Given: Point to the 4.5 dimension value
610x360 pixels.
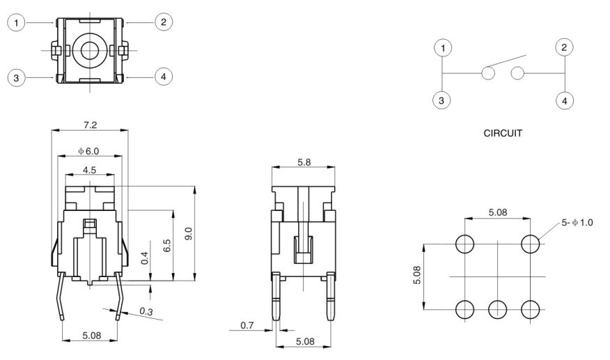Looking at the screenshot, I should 88,169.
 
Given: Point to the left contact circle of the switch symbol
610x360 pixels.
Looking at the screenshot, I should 487,74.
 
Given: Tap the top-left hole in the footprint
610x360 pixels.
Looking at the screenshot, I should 465,244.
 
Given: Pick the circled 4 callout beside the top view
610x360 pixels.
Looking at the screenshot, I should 163,77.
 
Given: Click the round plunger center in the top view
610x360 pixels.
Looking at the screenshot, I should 88,50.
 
